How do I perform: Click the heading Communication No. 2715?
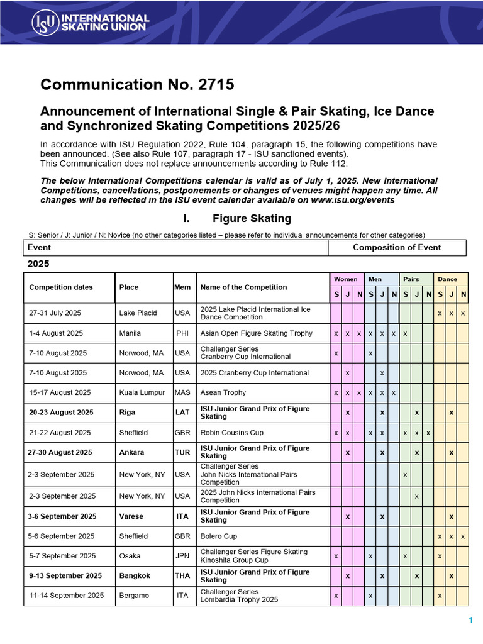(x=137, y=85)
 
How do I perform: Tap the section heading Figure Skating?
(x=252, y=219)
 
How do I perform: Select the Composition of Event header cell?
(x=397, y=247)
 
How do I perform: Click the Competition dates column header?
(x=61, y=287)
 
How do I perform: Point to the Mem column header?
(x=182, y=287)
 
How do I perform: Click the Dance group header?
(x=448, y=279)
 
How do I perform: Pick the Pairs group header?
(x=411, y=279)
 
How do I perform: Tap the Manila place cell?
(x=130, y=333)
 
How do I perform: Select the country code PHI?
(x=182, y=333)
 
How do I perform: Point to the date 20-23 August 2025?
(x=61, y=413)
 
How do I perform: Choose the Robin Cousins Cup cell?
(x=232, y=433)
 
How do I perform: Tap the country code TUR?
(x=182, y=453)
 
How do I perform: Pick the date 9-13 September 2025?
(x=65, y=576)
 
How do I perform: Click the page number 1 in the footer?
(x=470, y=621)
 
